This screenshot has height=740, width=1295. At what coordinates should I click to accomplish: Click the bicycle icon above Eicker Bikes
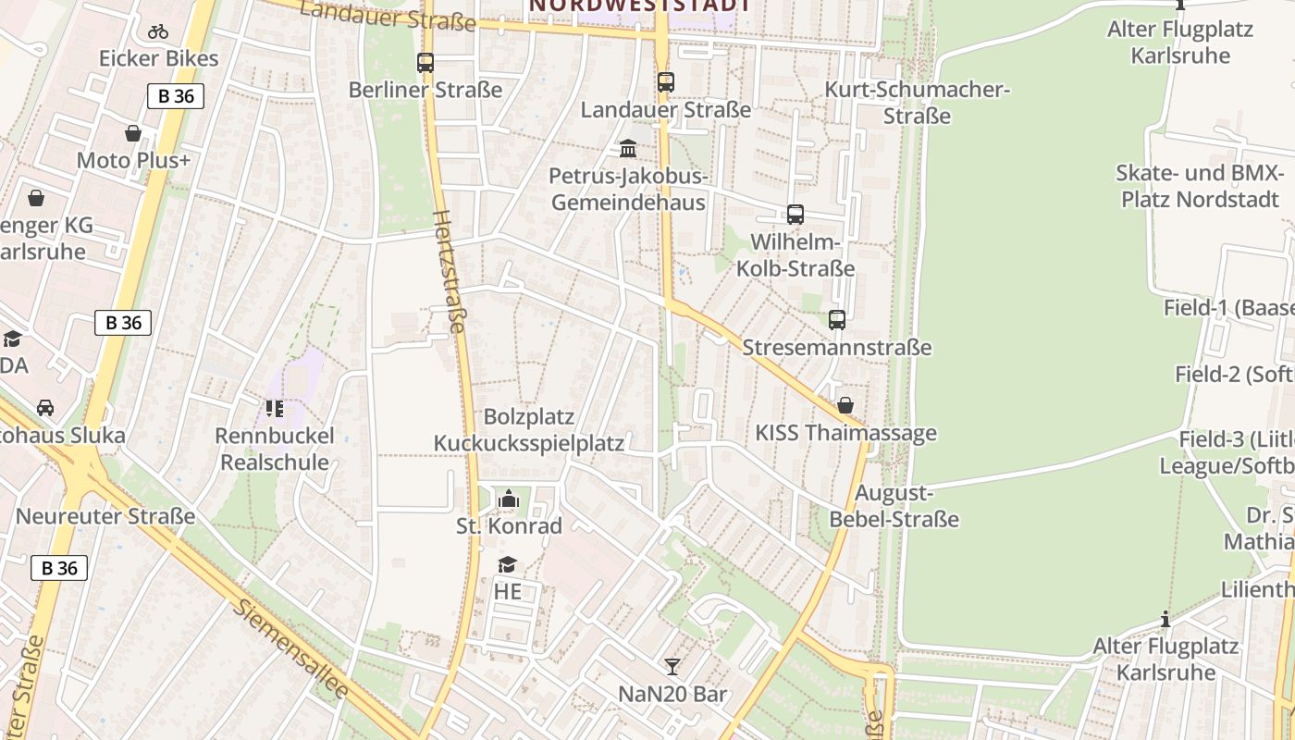158,31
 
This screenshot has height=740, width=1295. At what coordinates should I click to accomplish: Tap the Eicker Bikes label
159,59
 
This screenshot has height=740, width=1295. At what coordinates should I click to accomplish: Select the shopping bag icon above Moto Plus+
133,133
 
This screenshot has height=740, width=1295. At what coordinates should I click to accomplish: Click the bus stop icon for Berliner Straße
425,63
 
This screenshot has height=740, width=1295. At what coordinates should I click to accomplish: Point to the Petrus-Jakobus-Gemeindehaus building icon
628,148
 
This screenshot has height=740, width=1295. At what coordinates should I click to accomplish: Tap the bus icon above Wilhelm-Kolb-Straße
795,215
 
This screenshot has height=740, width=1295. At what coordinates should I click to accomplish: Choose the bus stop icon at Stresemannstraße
837,320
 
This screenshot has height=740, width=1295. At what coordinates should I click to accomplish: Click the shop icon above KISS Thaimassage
845,405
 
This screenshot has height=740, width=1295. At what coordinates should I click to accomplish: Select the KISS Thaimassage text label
845,433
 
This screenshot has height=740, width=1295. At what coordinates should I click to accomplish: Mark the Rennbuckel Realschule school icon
274,408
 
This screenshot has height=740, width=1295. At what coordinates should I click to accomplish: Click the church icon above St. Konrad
508,499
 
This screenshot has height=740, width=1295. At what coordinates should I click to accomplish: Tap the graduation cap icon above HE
507,564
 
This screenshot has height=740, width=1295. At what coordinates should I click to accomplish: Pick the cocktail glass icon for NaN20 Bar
672,666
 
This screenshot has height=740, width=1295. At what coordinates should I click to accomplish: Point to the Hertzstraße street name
450,270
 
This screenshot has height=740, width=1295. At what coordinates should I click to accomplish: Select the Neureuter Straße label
105,516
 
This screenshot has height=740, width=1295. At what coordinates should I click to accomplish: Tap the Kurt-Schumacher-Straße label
917,103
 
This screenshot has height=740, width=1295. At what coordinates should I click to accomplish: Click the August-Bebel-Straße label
894,506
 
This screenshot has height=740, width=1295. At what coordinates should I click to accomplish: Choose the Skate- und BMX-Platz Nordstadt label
1200,186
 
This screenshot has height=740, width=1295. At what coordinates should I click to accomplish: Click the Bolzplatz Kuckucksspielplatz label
529,430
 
